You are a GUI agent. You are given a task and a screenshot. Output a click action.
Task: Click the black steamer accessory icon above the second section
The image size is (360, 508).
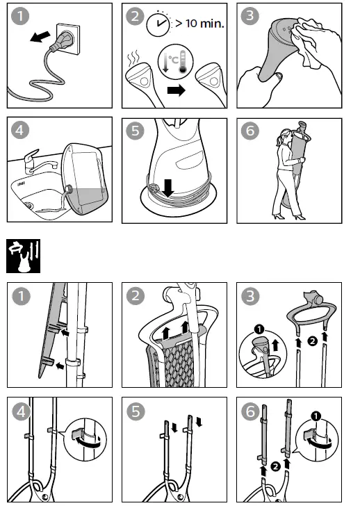point(24,255)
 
